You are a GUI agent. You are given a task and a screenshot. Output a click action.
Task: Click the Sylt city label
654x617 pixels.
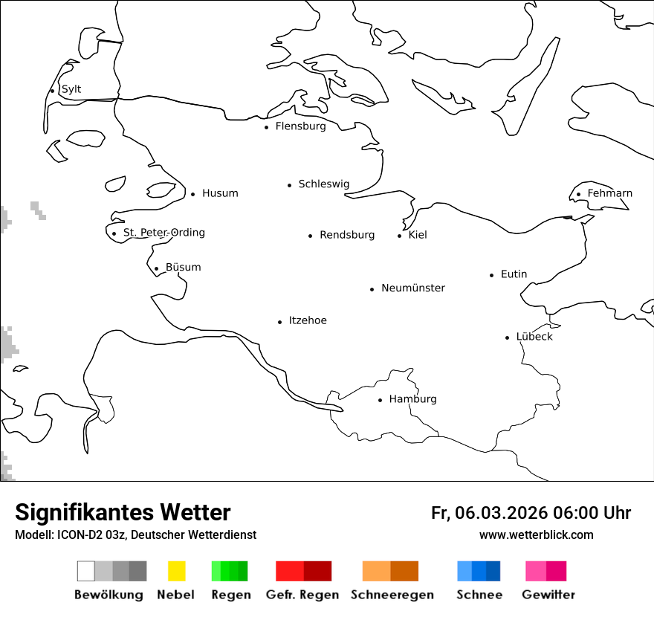click(x=71, y=89)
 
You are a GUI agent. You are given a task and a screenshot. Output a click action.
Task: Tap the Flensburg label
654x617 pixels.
click(x=300, y=126)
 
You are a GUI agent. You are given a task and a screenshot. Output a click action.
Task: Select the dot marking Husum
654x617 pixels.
click(x=192, y=194)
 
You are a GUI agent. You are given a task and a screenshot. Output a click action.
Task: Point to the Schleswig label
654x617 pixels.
click(x=323, y=184)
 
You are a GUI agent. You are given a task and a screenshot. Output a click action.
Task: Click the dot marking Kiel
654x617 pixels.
click(x=399, y=236)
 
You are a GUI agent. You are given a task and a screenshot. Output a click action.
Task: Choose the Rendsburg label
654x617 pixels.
click(x=347, y=235)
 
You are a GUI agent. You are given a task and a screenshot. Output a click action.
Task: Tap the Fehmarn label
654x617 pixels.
click(x=609, y=193)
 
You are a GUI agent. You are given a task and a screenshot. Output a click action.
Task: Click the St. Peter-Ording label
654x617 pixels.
click(x=163, y=233)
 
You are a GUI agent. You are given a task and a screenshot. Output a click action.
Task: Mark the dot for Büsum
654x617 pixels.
click(x=156, y=269)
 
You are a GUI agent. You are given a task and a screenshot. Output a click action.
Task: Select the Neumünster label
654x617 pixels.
click(x=413, y=288)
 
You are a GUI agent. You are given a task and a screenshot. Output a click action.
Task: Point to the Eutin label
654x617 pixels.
click(x=514, y=274)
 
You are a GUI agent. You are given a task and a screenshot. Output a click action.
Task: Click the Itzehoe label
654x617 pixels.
click(x=308, y=320)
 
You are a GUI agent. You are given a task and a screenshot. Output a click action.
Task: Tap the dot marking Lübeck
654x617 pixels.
click(x=507, y=337)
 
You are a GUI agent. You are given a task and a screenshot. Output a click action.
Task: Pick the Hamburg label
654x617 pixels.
click(x=412, y=399)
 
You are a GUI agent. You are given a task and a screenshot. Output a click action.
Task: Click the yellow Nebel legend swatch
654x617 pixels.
click(x=176, y=571)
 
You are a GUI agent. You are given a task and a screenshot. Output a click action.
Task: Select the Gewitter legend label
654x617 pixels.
click(x=548, y=595)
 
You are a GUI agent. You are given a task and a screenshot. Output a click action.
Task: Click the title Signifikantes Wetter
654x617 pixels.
click(x=123, y=512)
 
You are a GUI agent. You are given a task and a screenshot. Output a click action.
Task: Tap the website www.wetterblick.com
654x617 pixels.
click(x=536, y=534)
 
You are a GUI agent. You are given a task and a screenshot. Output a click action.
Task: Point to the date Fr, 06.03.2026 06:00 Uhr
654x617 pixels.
click(x=531, y=513)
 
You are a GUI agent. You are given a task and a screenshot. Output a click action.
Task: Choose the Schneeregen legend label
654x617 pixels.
click(x=392, y=595)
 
